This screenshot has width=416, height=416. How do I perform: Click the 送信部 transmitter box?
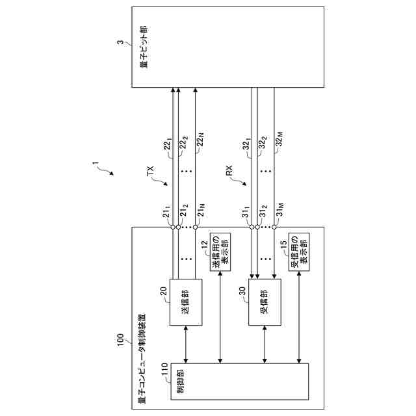(185, 302)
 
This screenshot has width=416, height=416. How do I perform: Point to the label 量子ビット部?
(143, 47)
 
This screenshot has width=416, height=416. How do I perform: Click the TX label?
(151, 172)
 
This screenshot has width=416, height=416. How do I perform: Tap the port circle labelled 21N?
(195, 227)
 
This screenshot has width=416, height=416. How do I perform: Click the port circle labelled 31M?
(275, 227)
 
